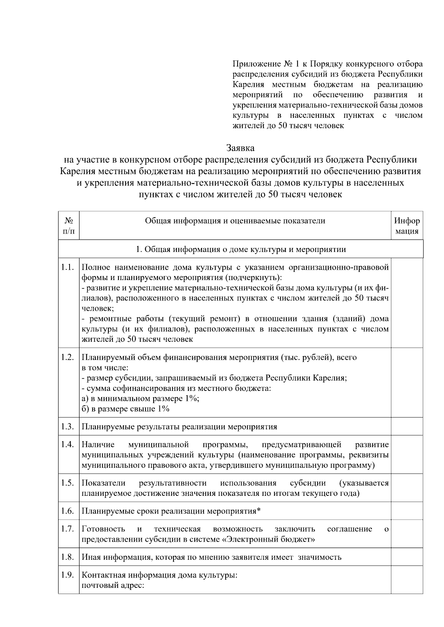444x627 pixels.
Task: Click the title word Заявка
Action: (240, 148)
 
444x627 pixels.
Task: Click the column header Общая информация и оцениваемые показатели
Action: (235, 221)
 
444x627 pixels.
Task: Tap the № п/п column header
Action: (69, 226)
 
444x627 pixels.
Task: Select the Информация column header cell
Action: (407, 226)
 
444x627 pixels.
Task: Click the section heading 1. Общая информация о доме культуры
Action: (240, 249)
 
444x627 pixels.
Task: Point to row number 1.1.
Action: (68, 267)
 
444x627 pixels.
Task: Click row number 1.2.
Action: (68, 357)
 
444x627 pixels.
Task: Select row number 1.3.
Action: (68, 427)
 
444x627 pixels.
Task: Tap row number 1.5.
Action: (68, 483)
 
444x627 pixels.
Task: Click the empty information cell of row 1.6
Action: (407, 511)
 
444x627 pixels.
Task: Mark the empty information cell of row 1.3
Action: (407, 427)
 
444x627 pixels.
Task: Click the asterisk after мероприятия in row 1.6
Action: (259, 511)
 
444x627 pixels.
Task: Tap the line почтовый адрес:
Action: (112, 586)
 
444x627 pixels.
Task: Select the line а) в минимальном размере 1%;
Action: (140, 399)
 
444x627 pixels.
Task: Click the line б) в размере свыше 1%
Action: (125, 409)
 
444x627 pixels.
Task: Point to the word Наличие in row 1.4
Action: (98, 444)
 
